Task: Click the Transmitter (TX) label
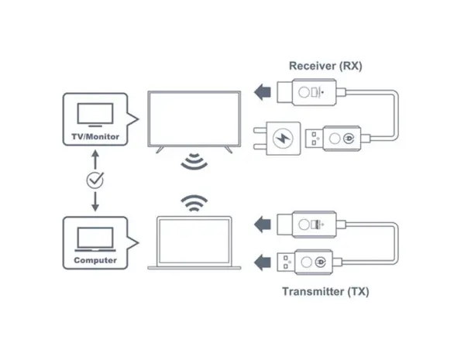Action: [325, 292]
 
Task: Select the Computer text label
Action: [95, 260]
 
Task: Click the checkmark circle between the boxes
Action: [95, 180]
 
